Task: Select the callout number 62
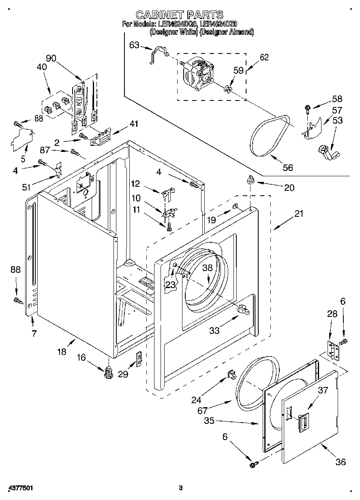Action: pyautogui.click(x=264, y=57)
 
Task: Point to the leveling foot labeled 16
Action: pyautogui.click(x=108, y=372)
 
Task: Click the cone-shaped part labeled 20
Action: pyautogui.click(x=250, y=180)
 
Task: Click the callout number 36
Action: pyautogui.click(x=341, y=462)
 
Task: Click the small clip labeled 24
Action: pyautogui.click(x=232, y=375)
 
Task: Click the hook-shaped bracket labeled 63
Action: pyautogui.click(x=159, y=54)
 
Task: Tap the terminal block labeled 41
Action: pyautogui.click(x=100, y=136)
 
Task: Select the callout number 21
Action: pyautogui.click(x=298, y=214)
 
